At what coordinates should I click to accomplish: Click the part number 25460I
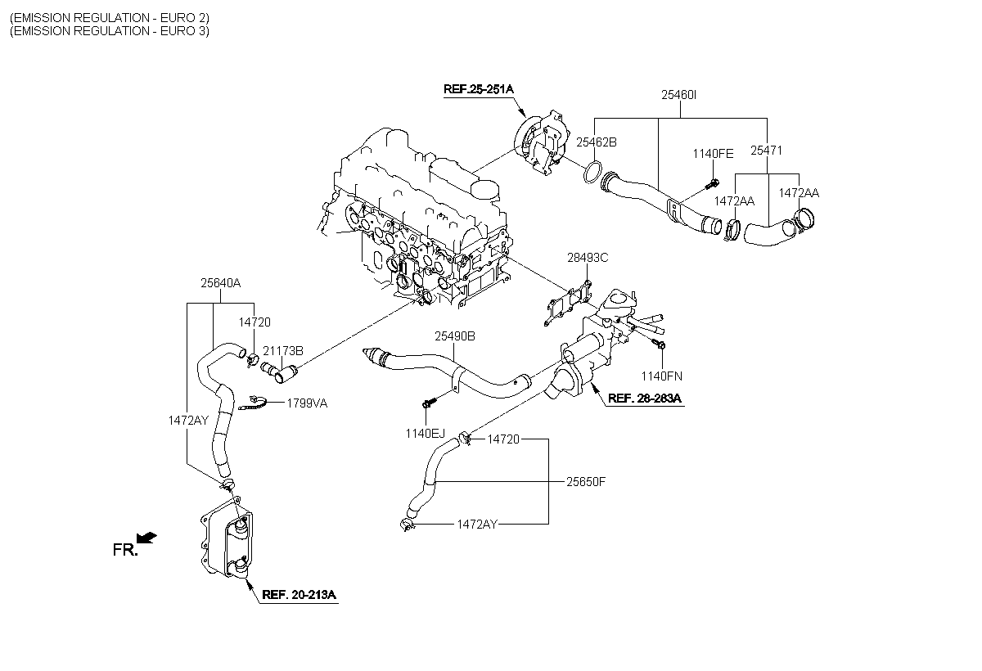[678, 95]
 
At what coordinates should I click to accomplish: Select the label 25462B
[597, 142]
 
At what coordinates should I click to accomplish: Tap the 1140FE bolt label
[713, 153]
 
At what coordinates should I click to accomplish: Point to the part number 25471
[766, 151]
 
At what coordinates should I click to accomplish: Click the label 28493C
[588, 257]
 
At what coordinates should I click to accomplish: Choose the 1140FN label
[662, 376]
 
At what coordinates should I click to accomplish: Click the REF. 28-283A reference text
[645, 398]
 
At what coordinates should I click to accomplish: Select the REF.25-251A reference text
[478, 89]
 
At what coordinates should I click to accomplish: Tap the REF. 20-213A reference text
[299, 594]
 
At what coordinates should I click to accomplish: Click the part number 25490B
[455, 336]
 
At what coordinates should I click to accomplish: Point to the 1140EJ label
[426, 434]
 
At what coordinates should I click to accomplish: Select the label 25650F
[586, 482]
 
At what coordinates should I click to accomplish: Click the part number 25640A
[220, 283]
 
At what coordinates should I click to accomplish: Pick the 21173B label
[283, 350]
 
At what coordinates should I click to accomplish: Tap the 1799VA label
[307, 403]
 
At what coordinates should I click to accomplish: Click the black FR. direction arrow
[146, 538]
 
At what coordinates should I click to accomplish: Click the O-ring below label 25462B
[592, 172]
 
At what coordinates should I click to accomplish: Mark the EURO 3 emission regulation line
[110, 30]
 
